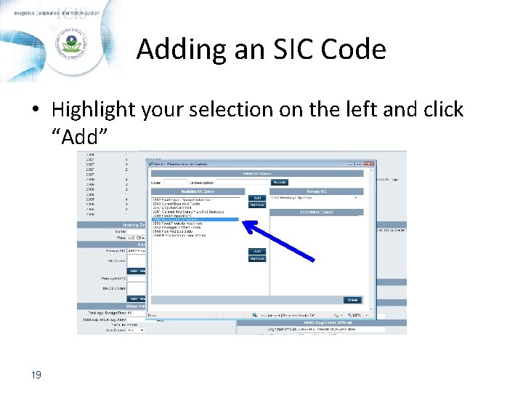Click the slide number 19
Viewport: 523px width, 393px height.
[x=36, y=375]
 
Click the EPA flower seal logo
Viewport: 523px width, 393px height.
[x=71, y=44]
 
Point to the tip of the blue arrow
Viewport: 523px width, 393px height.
[x=243, y=223]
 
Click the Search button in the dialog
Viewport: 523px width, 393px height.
[x=280, y=182]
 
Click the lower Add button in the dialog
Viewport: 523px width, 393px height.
[x=257, y=251]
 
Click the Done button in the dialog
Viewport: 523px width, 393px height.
[x=352, y=299]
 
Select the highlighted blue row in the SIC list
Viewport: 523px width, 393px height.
[x=194, y=219]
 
